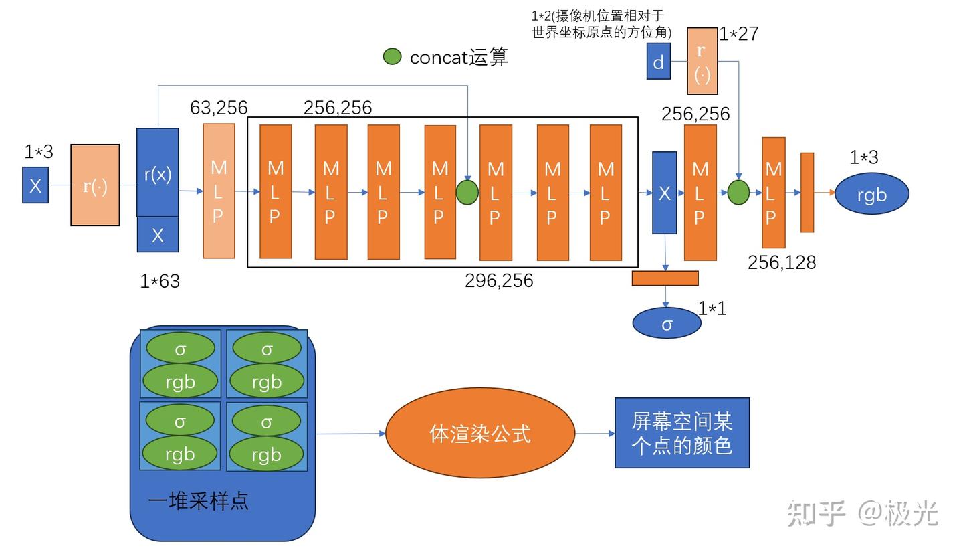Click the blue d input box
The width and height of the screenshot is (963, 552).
tap(658, 62)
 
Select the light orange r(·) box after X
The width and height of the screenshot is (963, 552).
tap(95, 185)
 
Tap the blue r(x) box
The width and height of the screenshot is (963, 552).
tap(158, 173)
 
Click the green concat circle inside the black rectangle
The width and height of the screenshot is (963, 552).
tap(467, 192)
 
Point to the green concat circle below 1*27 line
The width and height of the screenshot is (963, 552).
tap(738, 192)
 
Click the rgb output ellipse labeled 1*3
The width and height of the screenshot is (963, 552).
tap(871, 194)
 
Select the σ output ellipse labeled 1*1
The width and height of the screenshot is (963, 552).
tap(666, 324)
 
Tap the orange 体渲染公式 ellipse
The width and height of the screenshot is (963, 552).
tap(480, 434)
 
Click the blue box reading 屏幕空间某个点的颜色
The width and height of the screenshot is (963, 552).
tap(681, 433)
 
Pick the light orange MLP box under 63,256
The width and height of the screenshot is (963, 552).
tap(219, 191)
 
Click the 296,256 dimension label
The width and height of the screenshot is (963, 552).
tap(499, 280)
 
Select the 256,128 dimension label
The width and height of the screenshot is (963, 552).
tap(781, 262)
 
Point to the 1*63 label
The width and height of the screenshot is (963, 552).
tap(160, 281)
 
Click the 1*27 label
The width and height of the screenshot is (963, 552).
tap(739, 33)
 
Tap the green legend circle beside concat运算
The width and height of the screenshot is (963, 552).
tap(392, 57)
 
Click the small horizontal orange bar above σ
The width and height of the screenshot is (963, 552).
tap(665, 278)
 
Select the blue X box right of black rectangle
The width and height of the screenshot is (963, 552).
tap(664, 193)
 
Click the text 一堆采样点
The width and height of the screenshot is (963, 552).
tap(199, 500)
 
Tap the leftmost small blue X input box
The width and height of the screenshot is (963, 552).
tap(35, 185)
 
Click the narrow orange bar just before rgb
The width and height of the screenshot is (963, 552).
tap(807, 193)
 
